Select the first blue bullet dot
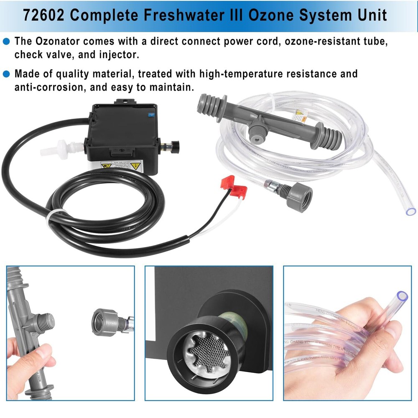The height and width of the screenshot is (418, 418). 6,41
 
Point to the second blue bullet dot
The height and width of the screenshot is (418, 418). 6,74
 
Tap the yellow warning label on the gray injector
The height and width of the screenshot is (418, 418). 301,116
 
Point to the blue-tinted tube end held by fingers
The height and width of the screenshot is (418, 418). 402,297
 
